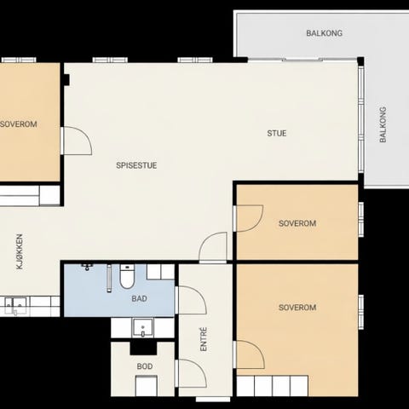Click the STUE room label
[277, 133]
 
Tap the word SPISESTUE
[136, 165]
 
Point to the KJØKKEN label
[20, 251]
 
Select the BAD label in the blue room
[139, 298]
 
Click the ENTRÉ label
[204, 339]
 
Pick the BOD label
[145, 366]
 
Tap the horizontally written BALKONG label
[324, 33]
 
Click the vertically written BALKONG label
[383, 124]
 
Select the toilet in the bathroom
[127, 276]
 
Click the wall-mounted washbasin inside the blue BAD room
[88, 267]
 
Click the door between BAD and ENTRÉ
[191, 300]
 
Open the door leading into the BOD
[191, 373]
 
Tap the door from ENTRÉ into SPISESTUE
[213, 247]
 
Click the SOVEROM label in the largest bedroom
[297, 308]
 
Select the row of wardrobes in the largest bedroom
[273, 386]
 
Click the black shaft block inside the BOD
[143, 349]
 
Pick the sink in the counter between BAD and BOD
[143, 328]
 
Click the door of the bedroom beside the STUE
[249, 218]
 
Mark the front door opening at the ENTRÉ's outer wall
[213, 400]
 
